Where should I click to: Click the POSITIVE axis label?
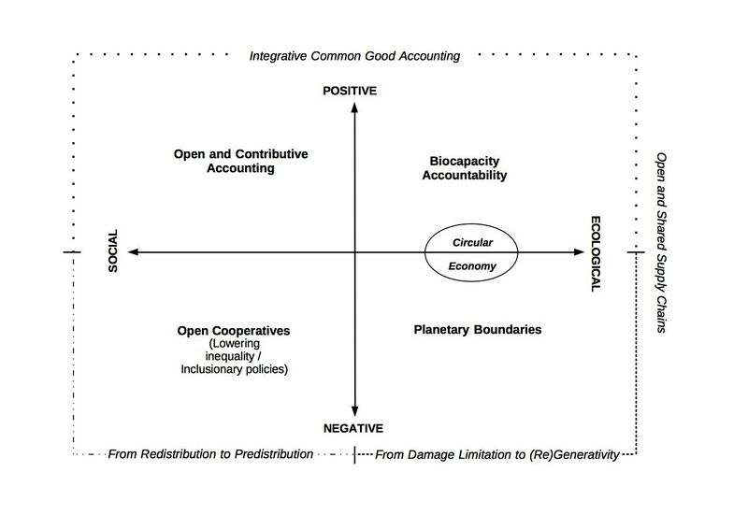click(x=350, y=91)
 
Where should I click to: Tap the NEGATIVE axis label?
click(x=353, y=428)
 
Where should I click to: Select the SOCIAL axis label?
click(x=113, y=250)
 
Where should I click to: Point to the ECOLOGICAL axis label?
click(x=596, y=254)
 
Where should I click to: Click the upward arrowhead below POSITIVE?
click(x=354, y=107)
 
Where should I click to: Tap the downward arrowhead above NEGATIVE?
click(x=354, y=411)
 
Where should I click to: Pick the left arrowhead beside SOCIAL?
click(x=134, y=251)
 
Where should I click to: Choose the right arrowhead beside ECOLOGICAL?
click(x=579, y=251)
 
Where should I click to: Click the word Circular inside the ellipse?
click(x=472, y=242)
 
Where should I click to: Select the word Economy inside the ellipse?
click(x=472, y=266)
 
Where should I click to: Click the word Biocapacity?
click(x=464, y=162)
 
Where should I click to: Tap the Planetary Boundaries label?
click(x=478, y=330)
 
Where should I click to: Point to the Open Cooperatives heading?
click(x=233, y=331)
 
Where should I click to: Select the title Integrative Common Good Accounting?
click(x=354, y=56)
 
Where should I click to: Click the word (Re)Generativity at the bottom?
click(x=574, y=454)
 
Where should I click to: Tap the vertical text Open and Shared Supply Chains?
click(x=661, y=243)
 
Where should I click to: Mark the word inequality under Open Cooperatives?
click(x=229, y=356)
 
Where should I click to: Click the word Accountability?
click(x=464, y=176)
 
